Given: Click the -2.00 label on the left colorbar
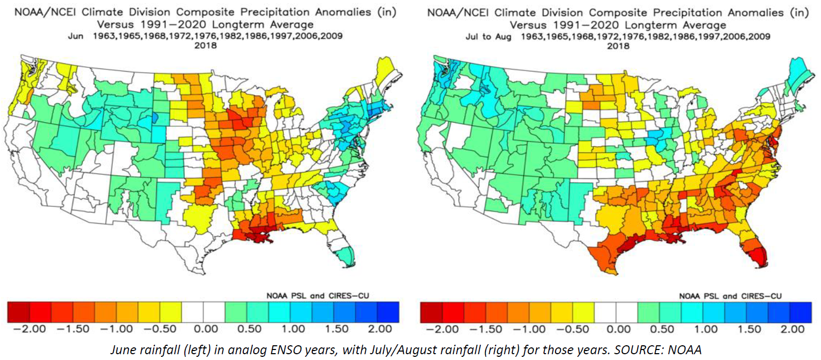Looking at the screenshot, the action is [29, 329].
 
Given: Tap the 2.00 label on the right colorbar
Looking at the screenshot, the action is [793, 329].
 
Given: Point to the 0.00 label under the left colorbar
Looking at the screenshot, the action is [205, 329].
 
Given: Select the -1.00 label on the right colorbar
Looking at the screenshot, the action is [529, 329].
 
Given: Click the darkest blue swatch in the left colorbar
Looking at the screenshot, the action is [388, 312].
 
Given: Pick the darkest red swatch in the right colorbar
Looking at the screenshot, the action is [431, 313].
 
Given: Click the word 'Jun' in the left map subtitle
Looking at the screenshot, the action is [76, 36].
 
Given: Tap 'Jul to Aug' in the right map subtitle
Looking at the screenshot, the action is [488, 37].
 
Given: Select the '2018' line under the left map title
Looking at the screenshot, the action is [205, 45].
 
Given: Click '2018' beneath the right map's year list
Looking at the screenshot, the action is [618, 46].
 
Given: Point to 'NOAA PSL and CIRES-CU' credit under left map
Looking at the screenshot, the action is [318, 296].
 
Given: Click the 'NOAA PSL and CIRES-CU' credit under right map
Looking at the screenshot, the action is [730, 296].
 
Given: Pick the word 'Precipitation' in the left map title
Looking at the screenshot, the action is [274, 12].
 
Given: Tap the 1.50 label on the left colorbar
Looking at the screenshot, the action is [337, 329].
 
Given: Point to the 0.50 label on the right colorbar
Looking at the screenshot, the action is [662, 329].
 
